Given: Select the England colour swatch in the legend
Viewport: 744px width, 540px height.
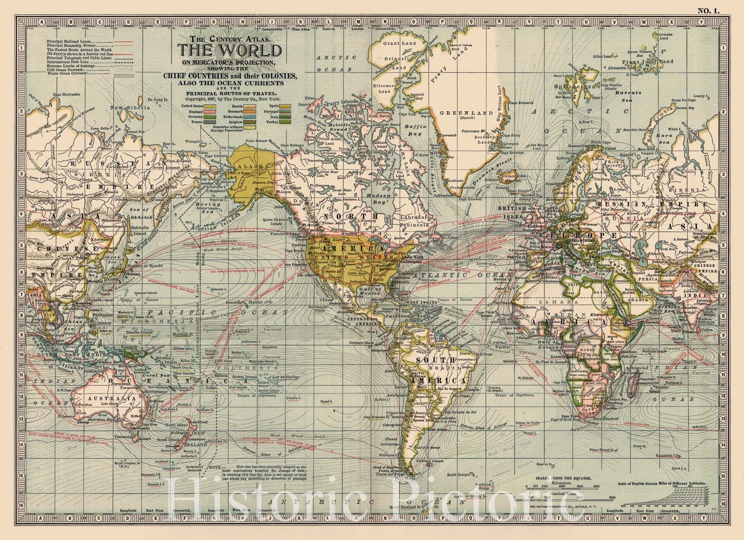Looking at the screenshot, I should [x=210, y=112].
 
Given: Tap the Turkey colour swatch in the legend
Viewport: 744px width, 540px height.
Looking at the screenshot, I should [x=285, y=122].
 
